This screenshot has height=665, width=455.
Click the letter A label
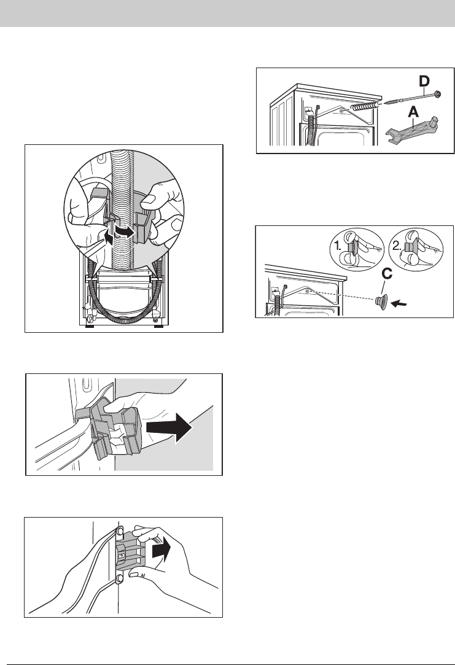click(414, 112)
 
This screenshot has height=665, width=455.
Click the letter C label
click(387, 274)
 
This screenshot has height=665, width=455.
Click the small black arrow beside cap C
click(399, 303)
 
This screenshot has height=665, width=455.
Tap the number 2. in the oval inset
click(398, 246)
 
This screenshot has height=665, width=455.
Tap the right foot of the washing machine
click(158, 327)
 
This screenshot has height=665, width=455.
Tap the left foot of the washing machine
click(90, 327)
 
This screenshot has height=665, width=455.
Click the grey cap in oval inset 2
click(409, 248)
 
